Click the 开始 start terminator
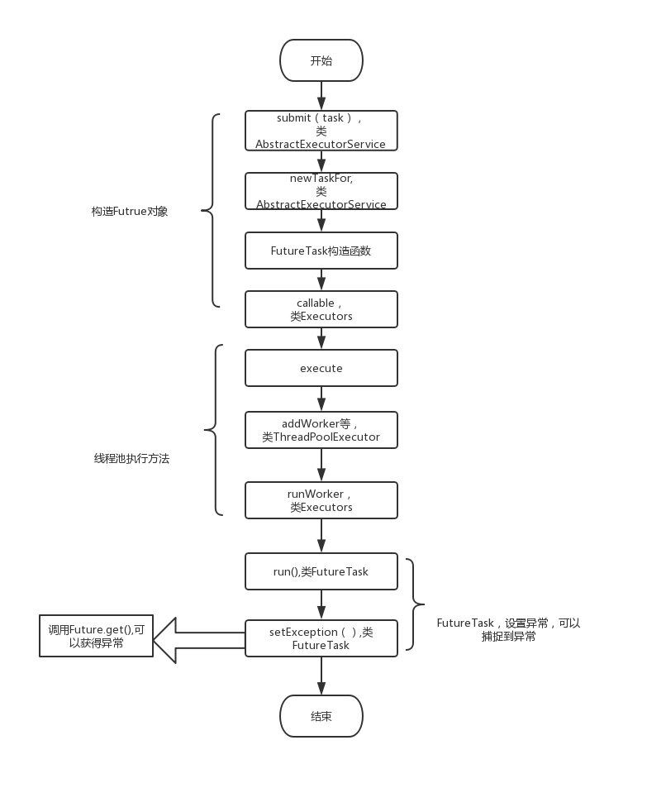pyautogui.click(x=321, y=61)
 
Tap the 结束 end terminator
pyautogui.click(x=321, y=716)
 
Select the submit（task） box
pyautogui.click(x=321, y=131)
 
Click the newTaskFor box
pyautogui.click(x=321, y=191)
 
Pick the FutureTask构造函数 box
pyautogui.click(x=321, y=251)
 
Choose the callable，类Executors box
pyautogui.click(x=321, y=309)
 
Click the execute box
pyautogui.click(x=321, y=368)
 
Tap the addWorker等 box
pyautogui.click(x=321, y=430)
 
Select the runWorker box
pyautogui.click(x=321, y=500)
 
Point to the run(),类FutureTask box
pyautogui.click(x=321, y=571)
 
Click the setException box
pyautogui.click(x=321, y=638)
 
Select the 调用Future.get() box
pyautogui.click(x=96, y=636)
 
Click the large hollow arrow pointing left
pyautogui.click(x=198, y=639)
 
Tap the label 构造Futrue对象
pyautogui.click(x=130, y=212)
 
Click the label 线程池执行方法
pyautogui.click(x=131, y=458)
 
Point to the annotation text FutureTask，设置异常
pyautogui.click(x=508, y=629)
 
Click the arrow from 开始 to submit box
pyautogui.click(x=321, y=96)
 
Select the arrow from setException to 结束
pyautogui.click(x=321, y=676)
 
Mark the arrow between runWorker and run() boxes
pyautogui.click(x=321, y=536)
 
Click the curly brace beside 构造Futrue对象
pyautogui.click(x=212, y=211)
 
